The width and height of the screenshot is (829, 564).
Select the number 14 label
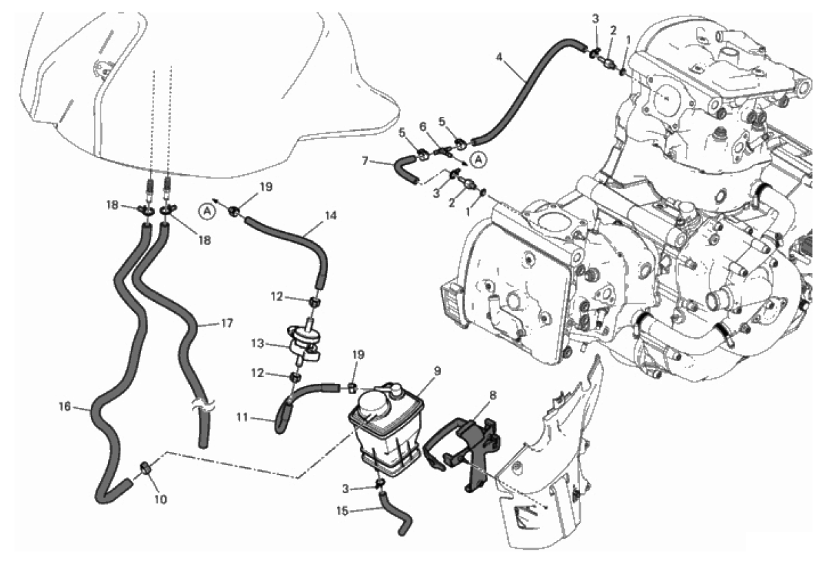coord(331,215)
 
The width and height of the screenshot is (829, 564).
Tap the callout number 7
coord(383,162)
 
